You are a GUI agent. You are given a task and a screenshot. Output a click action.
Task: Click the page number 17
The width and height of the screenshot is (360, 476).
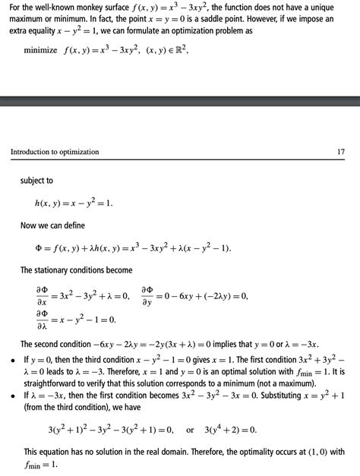coord(340,152)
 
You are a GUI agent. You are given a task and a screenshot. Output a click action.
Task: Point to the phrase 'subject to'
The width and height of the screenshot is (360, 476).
coord(36,181)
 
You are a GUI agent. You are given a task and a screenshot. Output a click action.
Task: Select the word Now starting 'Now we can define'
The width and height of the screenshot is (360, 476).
coord(30,225)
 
